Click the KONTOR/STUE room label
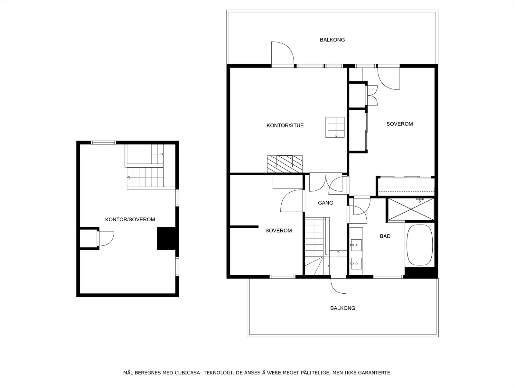point(285,125)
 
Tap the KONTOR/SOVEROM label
point(130,220)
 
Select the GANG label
point(325,203)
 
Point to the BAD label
point(385,236)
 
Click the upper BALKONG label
point(332,40)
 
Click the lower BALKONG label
point(342,308)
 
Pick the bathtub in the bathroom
point(420,245)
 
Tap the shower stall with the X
point(411,209)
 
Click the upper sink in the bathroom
point(356,245)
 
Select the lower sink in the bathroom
point(356,263)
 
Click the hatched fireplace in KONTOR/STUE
point(285,164)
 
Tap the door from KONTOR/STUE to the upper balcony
point(283,54)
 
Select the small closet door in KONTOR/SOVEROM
point(105,238)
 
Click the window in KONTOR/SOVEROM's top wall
point(103,142)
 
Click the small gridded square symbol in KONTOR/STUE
point(335,127)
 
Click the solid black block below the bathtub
point(421,272)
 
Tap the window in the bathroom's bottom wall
point(388,277)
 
